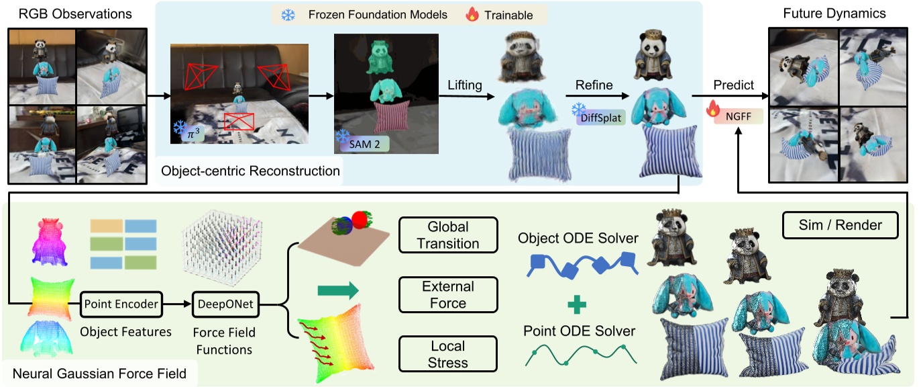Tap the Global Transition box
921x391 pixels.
(x=448, y=235)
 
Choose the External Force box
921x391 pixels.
(x=448, y=294)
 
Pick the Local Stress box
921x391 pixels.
(x=448, y=354)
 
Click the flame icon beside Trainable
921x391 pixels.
(x=473, y=14)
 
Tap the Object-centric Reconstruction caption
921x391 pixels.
(x=250, y=171)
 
